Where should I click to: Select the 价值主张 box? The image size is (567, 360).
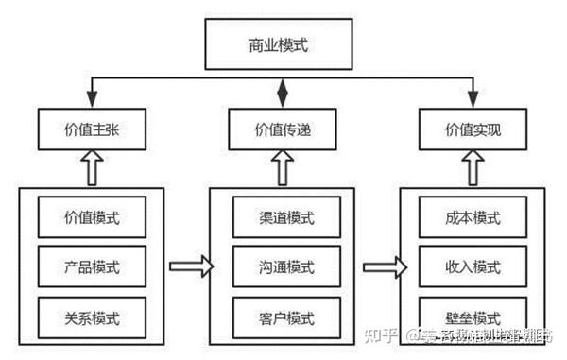coord(92,130)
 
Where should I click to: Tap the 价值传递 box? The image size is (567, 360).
coord(280,130)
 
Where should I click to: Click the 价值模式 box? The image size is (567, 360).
coord(92,216)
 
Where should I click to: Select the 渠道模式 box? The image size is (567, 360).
coord(281,216)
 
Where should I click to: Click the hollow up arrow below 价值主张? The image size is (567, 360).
coord(92,169)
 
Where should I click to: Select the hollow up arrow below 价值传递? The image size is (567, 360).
coord(281,169)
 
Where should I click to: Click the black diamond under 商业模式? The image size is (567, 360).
coord(281,93)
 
